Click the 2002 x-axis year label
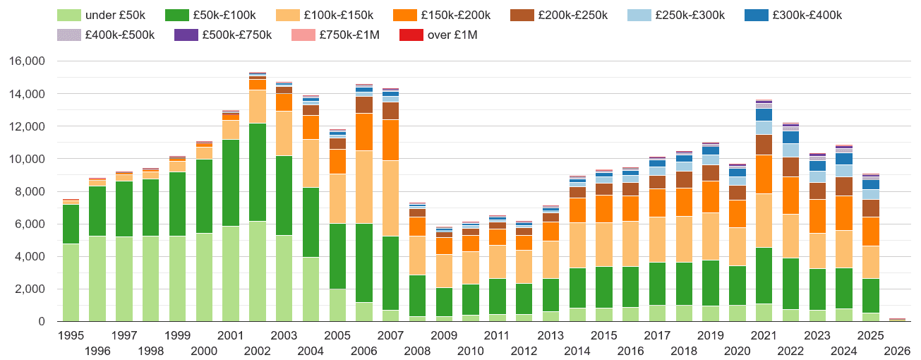pyautogui.click(x=258, y=351)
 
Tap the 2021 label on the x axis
pyautogui.click(x=764, y=335)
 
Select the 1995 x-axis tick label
pyautogui.click(x=71, y=335)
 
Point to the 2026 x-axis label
pyautogui.click(x=897, y=351)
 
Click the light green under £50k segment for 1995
pyautogui.click(x=71, y=282)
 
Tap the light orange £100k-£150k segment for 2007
pyautogui.click(x=390, y=198)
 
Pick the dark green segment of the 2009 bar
pyautogui.click(x=444, y=302)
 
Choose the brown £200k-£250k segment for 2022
pyautogui.click(x=790, y=167)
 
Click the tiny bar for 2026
pyautogui.click(x=897, y=320)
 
